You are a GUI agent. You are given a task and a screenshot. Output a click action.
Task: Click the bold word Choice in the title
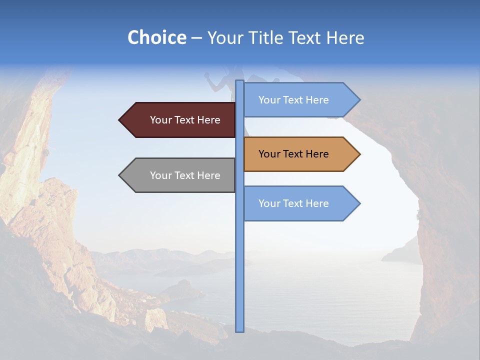(x=156, y=37)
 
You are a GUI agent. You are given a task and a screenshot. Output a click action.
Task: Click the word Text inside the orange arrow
(x=293, y=154)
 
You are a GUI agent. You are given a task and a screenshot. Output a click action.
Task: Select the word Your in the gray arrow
(x=161, y=175)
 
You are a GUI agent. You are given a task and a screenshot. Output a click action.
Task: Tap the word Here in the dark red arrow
(x=209, y=120)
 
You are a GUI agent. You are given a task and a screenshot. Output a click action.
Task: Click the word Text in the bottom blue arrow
(x=293, y=203)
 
